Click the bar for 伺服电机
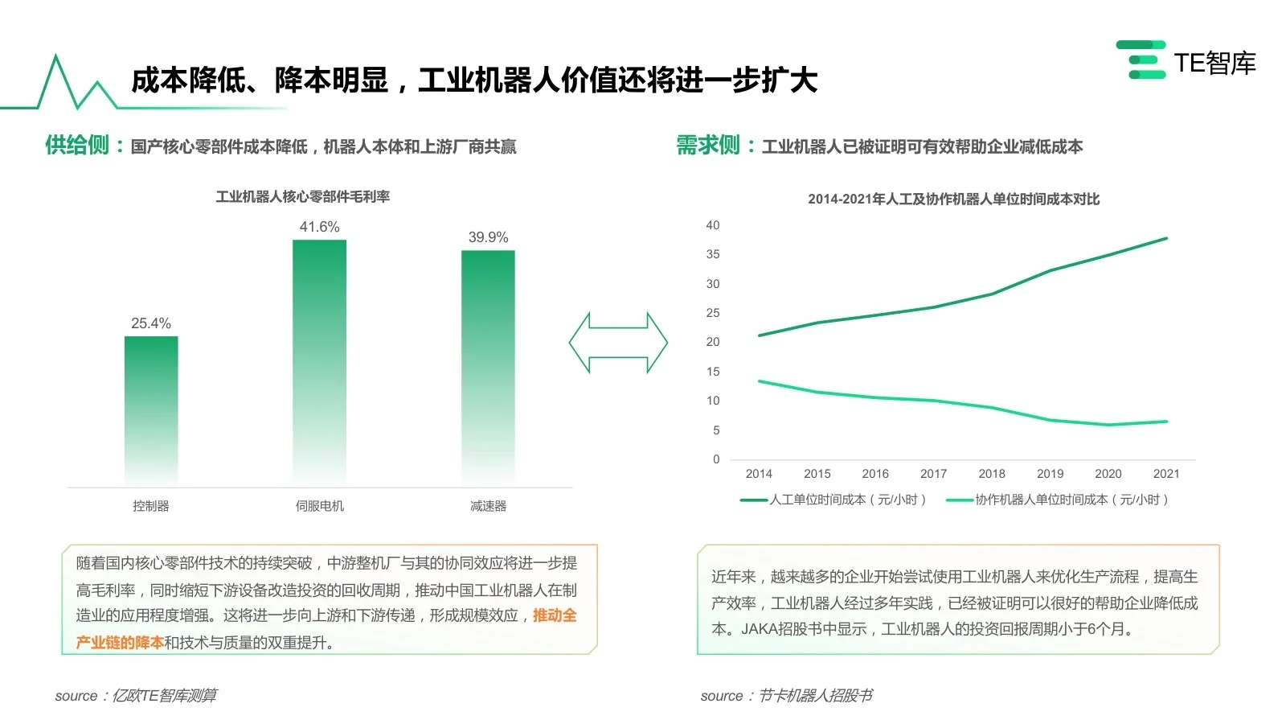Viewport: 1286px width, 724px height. pyautogui.click(x=319, y=362)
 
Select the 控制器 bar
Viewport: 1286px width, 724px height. pyautogui.click(x=151, y=410)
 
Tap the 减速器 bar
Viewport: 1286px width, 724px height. pyautogui.click(x=488, y=366)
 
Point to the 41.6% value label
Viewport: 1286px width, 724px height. pyautogui.click(x=319, y=227)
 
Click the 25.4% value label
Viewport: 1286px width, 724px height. pyautogui.click(x=151, y=323)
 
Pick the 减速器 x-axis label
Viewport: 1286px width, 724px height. pyautogui.click(x=488, y=506)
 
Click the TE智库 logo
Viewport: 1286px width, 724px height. pyautogui.click(x=1186, y=62)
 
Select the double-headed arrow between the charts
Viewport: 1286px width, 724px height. pyautogui.click(x=618, y=343)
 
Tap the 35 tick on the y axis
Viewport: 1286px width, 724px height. pyautogui.click(x=713, y=254)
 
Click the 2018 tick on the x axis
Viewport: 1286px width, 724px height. pyautogui.click(x=992, y=474)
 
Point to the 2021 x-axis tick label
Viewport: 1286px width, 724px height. pyautogui.click(x=1166, y=474)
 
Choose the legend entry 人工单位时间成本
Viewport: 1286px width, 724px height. pyautogui.click(x=835, y=500)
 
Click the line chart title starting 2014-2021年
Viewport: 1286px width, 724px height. pyautogui.click(x=953, y=199)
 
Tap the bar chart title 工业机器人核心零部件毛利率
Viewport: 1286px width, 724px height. pyautogui.click(x=302, y=196)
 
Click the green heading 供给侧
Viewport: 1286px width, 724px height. pyautogui.click(x=77, y=146)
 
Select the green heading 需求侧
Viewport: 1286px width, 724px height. pyautogui.click(x=707, y=146)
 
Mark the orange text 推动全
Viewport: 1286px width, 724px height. pyautogui.click(x=555, y=615)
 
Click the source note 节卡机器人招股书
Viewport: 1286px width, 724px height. pyautogui.click(x=816, y=696)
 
